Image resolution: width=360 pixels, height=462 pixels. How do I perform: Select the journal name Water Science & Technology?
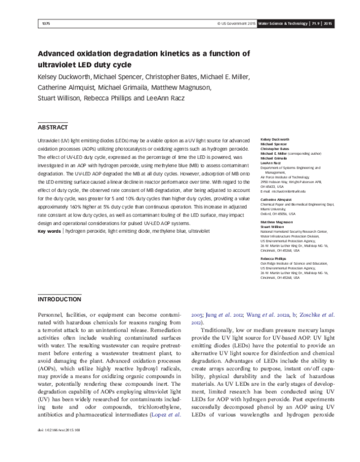click(x=286, y=23)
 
